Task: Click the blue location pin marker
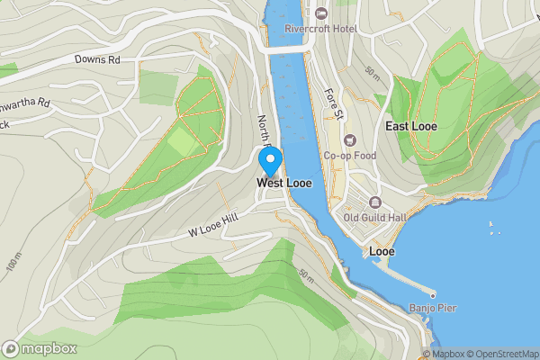pos(270,162)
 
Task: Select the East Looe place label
pos(411,127)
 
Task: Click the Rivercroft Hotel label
pos(321,28)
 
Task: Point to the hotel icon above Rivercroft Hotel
pos(321,13)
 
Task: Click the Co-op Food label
pos(349,156)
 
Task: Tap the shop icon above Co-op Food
pos(349,140)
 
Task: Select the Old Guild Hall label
pos(375,217)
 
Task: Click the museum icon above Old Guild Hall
pos(375,202)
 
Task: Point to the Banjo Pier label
pos(434,309)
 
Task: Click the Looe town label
pos(382,251)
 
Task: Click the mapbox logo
pos(40,348)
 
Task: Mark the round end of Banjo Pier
pos(433,294)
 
